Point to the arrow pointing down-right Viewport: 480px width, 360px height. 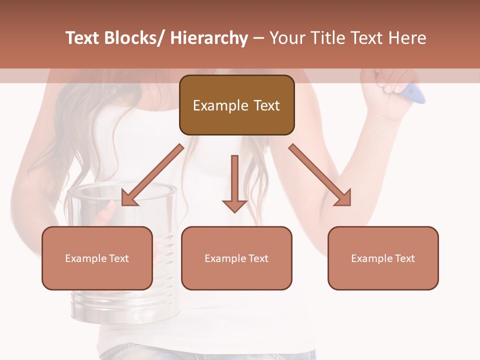(x=320, y=175)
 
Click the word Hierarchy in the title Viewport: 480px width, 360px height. (x=209, y=38)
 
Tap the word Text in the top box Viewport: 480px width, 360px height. (x=265, y=106)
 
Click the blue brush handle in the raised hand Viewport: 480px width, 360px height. (x=414, y=93)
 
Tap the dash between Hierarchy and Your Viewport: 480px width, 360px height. (x=258, y=38)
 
